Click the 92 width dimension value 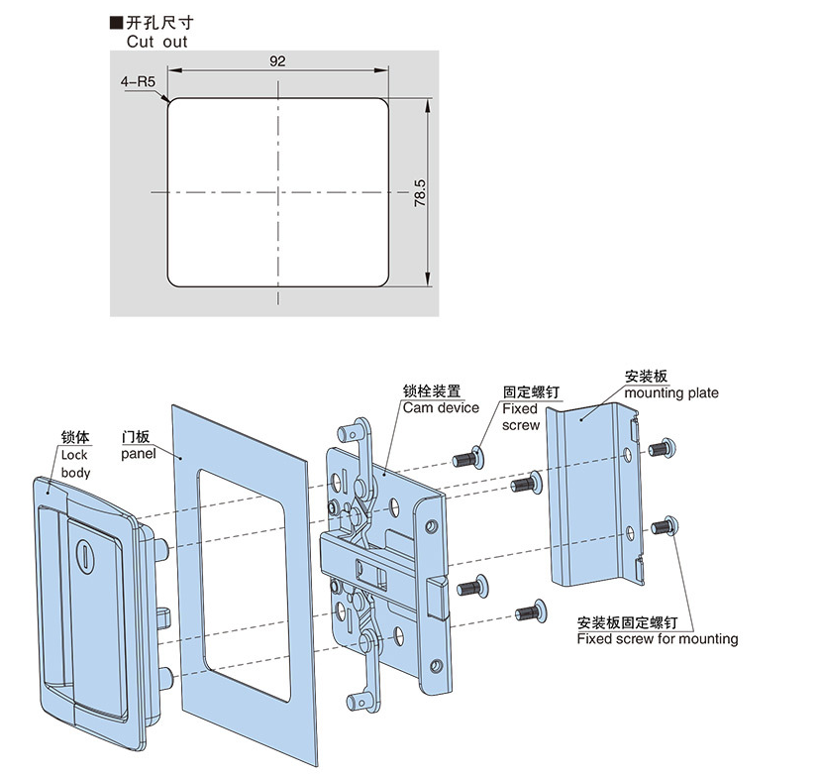click(x=277, y=61)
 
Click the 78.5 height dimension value click(x=420, y=192)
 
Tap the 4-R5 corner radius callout click(x=140, y=82)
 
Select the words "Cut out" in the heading click(x=156, y=42)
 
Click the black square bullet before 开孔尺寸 click(x=115, y=22)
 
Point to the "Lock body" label click(x=75, y=464)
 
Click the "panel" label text click(x=140, y=454)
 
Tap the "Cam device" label click(x=440, y=407)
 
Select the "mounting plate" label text click(x=671, y=393)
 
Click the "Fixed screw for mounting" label click(x=658, y=639)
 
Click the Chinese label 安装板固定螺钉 click(x=627, y=623)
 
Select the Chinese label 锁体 click(x=75, y=437)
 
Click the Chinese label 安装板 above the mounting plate click(x=647, y=378)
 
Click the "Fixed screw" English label click(x=520, y=416)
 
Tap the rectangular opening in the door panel click(x=244, y=585)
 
